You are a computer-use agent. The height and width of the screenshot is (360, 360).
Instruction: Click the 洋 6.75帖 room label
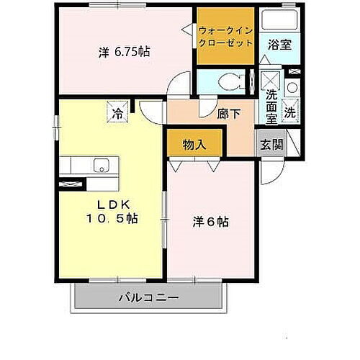(x=124, y=52)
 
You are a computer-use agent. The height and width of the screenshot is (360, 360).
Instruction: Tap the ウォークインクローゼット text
(x=225, y=37)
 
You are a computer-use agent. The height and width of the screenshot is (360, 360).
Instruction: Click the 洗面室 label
(x=271, y=107)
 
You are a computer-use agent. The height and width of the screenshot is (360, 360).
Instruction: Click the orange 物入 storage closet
(x=194, y=143)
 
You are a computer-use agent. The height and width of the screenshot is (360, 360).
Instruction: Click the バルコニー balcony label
(x=148, y=297)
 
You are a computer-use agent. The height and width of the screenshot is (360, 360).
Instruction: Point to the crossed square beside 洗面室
(x=271, y=79)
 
